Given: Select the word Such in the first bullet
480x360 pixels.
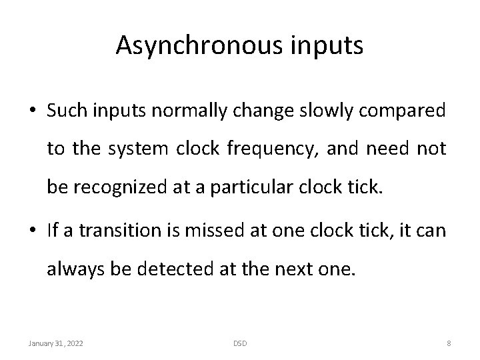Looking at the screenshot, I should coord(64,111).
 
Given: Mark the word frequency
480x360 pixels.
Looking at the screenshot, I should coord(281,149).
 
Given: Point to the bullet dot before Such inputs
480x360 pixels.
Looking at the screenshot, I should coord(33,111).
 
